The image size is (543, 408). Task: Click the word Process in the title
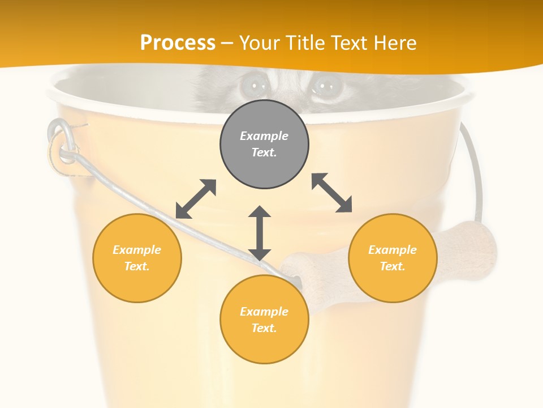[178, 43]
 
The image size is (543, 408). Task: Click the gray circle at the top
[264, 144]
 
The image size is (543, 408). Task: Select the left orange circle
[137, 258]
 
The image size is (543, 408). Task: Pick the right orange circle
[393, 258]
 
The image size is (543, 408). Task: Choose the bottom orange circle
[264, 319]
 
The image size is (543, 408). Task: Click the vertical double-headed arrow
[260, 233]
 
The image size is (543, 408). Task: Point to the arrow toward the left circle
[196, 199]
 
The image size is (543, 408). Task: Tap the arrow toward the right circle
[332, 193]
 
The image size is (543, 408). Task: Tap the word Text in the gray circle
[264, 152]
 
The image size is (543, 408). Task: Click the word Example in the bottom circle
[264, 311]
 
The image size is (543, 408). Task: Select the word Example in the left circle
[137, 249]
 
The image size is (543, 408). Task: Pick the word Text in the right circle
[392, 266]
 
